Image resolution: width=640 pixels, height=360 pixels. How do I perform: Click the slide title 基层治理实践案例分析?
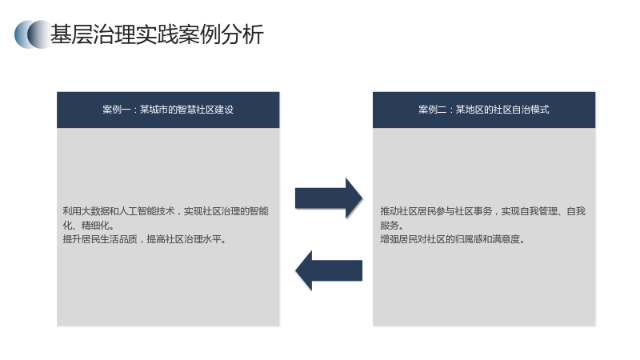point(157,34)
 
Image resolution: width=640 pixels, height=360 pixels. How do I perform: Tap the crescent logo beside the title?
point(33,34)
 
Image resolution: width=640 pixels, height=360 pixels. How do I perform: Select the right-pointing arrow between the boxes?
point(329,198)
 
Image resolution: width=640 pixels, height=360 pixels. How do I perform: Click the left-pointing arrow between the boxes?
point(329,270)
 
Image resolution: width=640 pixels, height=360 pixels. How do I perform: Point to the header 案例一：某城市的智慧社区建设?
point(168,110)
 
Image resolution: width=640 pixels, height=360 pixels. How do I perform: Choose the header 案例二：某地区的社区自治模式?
point(484,110)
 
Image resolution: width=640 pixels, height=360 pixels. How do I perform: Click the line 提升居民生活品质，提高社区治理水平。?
point(145,239)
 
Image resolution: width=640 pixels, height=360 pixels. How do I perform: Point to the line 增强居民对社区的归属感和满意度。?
point(452,239)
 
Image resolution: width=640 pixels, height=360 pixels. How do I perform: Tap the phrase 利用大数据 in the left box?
point(86,211)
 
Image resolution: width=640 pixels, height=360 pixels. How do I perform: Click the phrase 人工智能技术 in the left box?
point(147,211)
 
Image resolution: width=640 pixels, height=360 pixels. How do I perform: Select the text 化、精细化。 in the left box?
point(89,226)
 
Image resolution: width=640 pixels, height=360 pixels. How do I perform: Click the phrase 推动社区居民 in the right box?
point(408,211)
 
